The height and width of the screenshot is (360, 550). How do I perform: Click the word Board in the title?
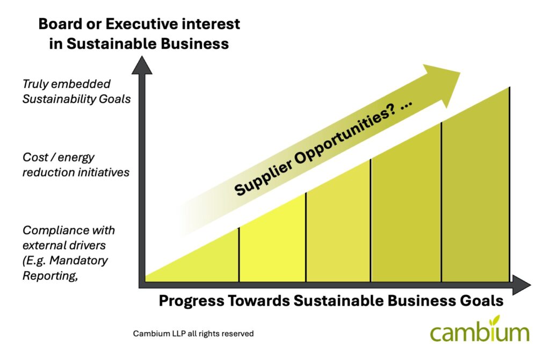pos(59,24)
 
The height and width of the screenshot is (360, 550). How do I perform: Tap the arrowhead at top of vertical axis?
pos(142,66)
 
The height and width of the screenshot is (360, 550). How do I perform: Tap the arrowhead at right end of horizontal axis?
pos(521,285)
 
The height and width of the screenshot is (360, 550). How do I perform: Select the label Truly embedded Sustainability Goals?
pos(76,91)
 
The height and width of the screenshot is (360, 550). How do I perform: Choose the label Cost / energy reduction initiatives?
pos(76,164)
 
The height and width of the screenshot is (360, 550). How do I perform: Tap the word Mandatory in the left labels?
pos(78,261)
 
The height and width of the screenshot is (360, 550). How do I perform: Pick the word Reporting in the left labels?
pos(50,276)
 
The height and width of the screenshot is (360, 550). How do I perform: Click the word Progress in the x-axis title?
pos(191,301)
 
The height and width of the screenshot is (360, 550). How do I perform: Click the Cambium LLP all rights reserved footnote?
pos(193,333)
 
